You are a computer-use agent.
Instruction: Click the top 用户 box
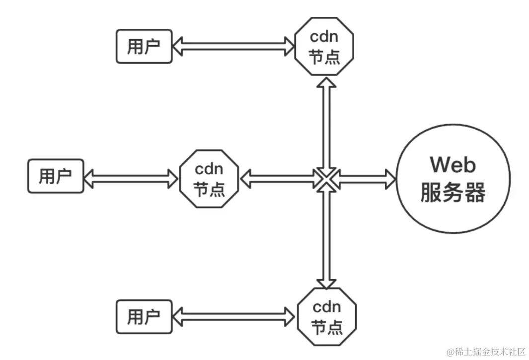[x=144, y=47]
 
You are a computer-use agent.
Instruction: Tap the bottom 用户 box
[x=144, y=316]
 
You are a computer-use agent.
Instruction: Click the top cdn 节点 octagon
[x=325, y=48]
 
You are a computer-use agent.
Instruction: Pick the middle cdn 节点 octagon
[x=209, y=179]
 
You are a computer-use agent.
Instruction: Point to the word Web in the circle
[x=453, y=164]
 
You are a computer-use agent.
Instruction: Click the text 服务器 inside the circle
[x=453, y=193]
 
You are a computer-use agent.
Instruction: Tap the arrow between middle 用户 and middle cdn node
[x=132, y=177]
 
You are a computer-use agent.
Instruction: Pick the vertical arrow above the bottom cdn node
[x=326, y=238]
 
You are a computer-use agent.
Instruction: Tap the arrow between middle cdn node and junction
[x=277, y=178]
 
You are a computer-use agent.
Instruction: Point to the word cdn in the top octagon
[x=325, y=39]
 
